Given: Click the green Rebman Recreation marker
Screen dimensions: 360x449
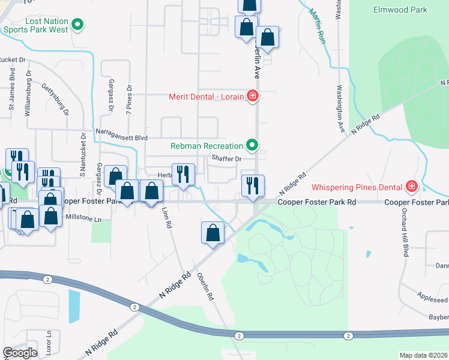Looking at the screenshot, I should (253, 145).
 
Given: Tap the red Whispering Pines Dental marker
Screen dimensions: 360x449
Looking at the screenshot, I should (412, 186).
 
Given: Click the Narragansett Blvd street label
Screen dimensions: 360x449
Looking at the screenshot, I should (121, 137).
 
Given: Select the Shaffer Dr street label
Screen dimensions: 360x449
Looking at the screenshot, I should (226, 159).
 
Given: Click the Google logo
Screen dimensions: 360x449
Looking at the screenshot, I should (20, 353).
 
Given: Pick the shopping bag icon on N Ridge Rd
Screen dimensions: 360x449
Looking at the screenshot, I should (212, 232).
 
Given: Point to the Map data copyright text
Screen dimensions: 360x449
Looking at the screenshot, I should (423, 355).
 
